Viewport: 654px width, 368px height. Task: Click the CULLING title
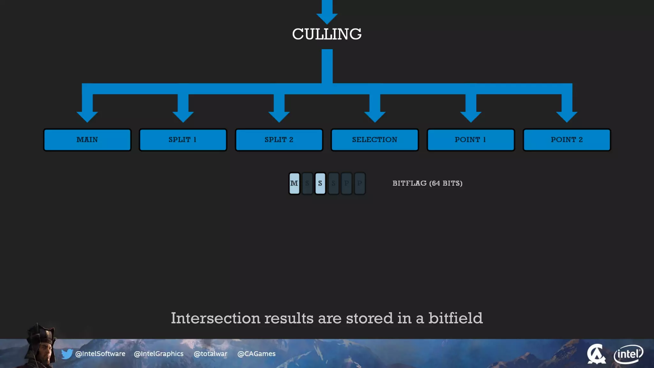coord(327,34)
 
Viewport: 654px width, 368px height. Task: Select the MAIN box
coord(87,140)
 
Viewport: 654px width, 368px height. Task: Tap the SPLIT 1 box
coord(183,140)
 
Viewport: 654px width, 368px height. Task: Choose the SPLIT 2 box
coord(279,140)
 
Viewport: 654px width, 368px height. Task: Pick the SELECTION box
coord(375,140)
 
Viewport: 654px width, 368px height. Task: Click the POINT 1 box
coord(471,140)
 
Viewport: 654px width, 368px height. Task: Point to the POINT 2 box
coord(567,140)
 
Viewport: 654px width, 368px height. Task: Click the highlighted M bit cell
coord(294,183)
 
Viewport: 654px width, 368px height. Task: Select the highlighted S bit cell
coord(320,183)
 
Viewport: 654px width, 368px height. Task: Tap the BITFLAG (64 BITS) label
coord(427,183)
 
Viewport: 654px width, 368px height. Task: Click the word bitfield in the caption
coord(455,318)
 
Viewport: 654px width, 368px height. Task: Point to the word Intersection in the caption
coord(216,318)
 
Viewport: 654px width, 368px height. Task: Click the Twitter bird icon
coord(67,354)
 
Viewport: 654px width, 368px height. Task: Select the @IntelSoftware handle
coord(100,354)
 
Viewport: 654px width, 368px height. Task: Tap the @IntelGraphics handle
coord(159,354)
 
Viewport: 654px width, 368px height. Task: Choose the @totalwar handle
coord(210,354)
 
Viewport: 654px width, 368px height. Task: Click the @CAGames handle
coord(256,354)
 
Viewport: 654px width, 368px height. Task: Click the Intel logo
coord(628,354)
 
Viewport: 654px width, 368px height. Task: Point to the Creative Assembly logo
coord(596,354)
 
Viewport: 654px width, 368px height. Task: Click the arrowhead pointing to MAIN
coord(87,116)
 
